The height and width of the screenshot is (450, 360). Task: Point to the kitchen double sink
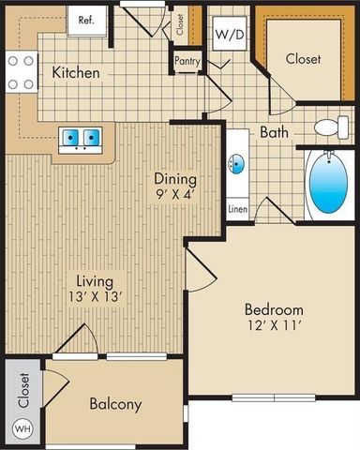[81, 139]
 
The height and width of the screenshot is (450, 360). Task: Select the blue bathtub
[325, 185]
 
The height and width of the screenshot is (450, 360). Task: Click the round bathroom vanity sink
[237, 166]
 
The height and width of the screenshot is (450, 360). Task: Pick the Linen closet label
[237, 209]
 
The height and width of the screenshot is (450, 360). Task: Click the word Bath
[274, 133]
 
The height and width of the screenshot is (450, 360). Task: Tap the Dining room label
[176, 179]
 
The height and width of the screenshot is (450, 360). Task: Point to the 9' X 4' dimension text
[176, 196]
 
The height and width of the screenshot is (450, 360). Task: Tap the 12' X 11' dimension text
[274, 328]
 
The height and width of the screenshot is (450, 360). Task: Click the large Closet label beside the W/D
[303, 58]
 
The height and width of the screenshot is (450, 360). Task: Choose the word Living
[96, 280]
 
